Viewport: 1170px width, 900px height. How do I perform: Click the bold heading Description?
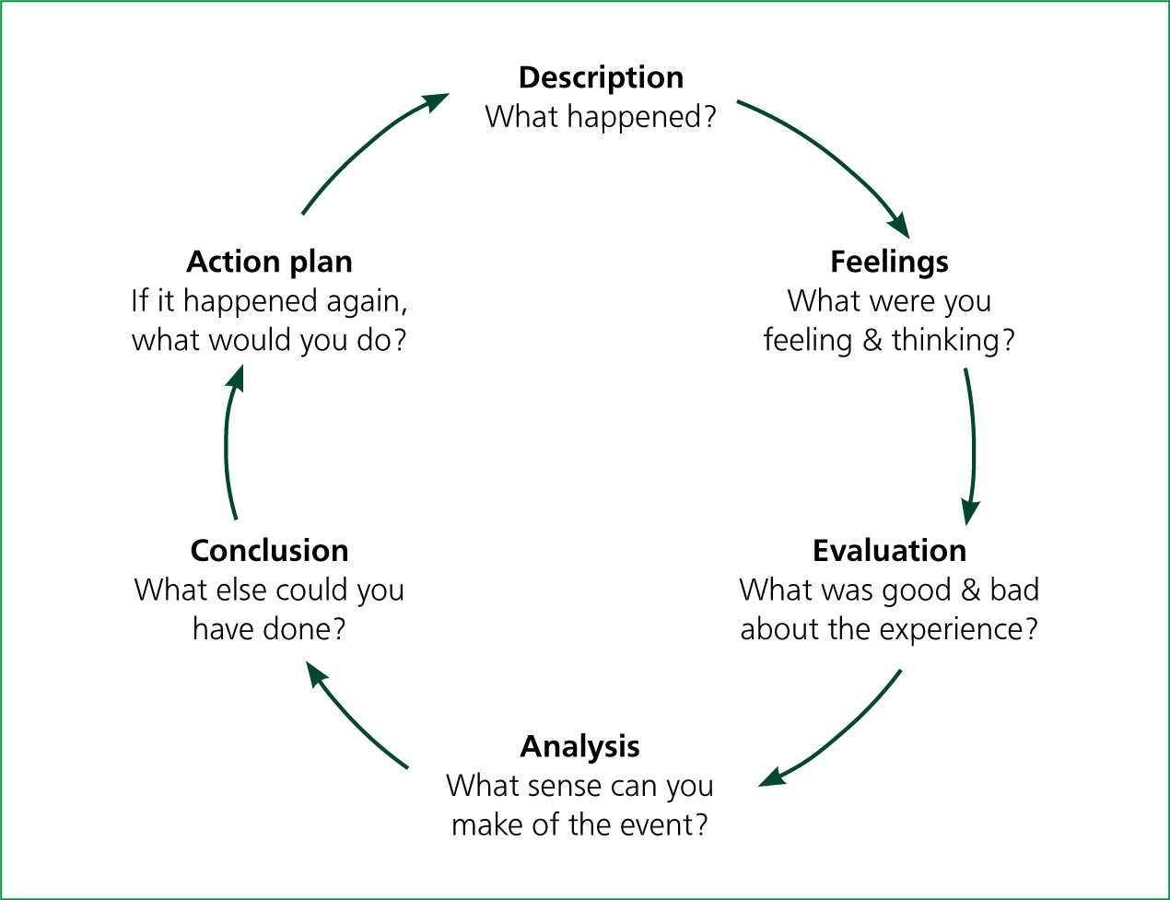(x=601, y=78)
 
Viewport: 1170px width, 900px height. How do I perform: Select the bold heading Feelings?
(x=890, y=263)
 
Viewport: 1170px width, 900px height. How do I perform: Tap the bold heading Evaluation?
(x=890, y=551)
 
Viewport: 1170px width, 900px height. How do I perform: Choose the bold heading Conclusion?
(x=270, y=551)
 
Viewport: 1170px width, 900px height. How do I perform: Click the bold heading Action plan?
(x=270, y=263)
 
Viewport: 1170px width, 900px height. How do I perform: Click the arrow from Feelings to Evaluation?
(x=974, y=447)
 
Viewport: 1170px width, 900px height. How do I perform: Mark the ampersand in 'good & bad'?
(x=971, y=590)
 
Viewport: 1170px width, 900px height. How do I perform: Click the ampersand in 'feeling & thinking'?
(x=872, y=341)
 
